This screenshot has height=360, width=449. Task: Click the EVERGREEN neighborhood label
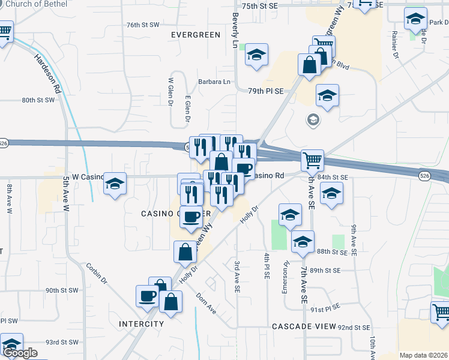[196, 35]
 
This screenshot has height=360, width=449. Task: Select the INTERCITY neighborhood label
[142, 324]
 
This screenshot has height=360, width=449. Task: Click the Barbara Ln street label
[214, 82]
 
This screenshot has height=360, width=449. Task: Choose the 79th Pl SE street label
[265, 91]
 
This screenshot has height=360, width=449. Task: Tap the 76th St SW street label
[143, 25]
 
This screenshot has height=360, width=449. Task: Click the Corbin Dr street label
[96, 274]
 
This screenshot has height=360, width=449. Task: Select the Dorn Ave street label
[206, 302]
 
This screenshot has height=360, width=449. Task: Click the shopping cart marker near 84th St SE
[312, 160]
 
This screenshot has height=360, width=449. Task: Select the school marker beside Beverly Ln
[256, 55]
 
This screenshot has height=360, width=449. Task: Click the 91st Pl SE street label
[325, 310]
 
